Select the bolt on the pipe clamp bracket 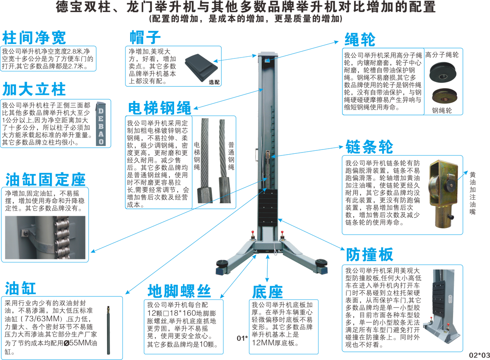click(x=25, y=232)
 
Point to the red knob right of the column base click(x=282, y=232)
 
